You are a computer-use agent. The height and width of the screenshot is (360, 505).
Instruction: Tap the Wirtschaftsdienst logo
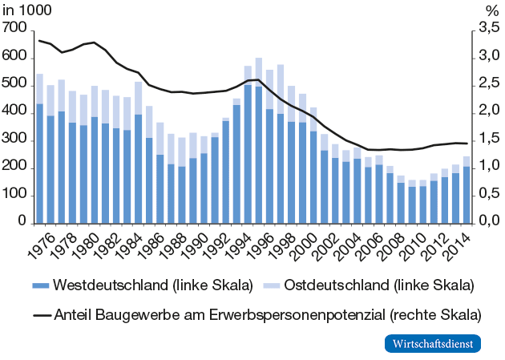click(x=433, y=343)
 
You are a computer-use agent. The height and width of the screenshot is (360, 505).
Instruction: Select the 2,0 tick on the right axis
click(x=487, y=113)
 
